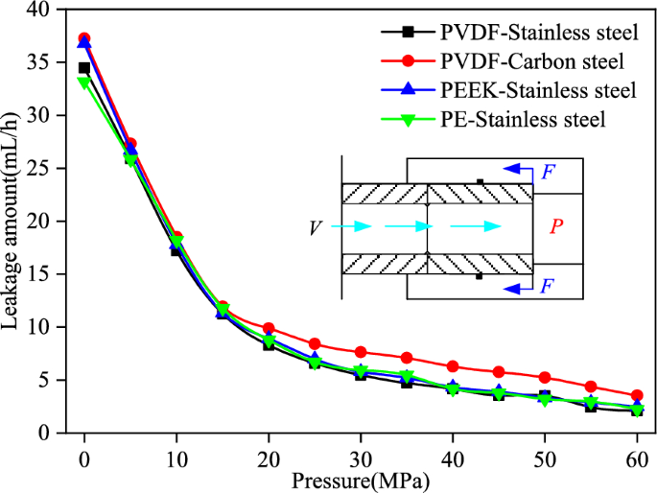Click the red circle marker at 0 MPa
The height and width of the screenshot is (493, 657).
pos(84,38)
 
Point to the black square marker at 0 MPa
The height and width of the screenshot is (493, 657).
pos(84,68)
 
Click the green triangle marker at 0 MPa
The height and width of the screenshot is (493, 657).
pos(84,82)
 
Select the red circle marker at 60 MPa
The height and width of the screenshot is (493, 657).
pos(637,395)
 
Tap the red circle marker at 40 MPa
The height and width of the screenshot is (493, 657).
pos(453,366)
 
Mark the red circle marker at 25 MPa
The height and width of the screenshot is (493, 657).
pos(315,343)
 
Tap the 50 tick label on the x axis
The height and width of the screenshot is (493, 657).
pos(545,453)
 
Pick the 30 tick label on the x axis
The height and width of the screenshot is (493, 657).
pos(361,453)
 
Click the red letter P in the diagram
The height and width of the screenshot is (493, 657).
pos(555,226)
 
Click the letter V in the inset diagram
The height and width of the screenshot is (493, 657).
pos(315,227)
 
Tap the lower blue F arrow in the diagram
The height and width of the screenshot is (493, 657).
pos(523,284)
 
